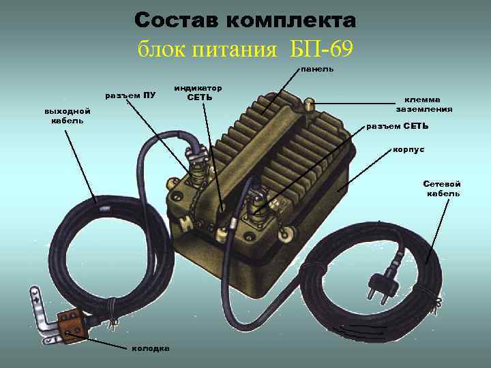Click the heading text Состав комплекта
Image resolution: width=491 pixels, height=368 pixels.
click(x=245, y=20)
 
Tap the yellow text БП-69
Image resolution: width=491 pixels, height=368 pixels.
click(x=321, y=48)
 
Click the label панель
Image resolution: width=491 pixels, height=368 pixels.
click(x=317, y=70)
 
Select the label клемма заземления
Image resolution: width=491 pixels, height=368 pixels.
click(x=424, y=104)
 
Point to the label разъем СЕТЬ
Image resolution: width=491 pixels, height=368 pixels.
click(x=397, y=127)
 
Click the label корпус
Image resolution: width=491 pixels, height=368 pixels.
click(x=408, y=150)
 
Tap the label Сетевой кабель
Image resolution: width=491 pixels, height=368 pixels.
click(x=442, y=189)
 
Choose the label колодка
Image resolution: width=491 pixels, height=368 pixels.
click(x=151, y=348)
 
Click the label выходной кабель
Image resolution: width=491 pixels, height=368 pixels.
click(x=68, y=116)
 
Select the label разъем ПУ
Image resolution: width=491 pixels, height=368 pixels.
click(x=130, y=95)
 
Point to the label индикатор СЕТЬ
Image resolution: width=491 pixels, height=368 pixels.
click(x=198, y=93)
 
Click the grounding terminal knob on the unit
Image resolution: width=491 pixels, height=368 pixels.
click(x=309, y=105)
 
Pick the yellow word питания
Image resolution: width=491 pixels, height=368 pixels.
click(x=234, y=49)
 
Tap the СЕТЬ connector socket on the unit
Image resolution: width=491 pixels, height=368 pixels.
click(x=256, y=206)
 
